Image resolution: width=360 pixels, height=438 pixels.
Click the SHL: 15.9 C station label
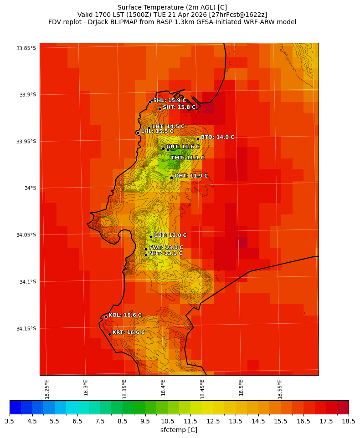[x=169, y=101]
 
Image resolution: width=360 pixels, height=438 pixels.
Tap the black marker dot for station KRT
[x=109, y=334]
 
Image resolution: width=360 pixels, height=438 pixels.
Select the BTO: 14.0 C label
[x=217, y=137]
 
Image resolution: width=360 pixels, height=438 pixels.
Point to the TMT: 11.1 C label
[x=187, y=158]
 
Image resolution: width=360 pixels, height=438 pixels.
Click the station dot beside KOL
[x=106, y=317]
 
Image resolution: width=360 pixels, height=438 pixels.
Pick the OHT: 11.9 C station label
[x=191, y=176]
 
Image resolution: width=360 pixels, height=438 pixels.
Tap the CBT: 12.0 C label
[x=170, y=235]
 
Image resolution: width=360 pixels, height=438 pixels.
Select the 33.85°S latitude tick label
[x=26, y=48]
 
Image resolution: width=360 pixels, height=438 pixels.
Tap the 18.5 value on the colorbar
[x=349, y=422]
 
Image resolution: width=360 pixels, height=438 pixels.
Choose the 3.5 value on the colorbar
[x=10, y=422]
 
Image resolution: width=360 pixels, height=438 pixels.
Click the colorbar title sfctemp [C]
[x=179, y=430]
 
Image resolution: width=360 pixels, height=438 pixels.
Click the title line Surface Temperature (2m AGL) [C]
[x=172, y=7]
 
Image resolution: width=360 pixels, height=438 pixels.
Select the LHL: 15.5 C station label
[x=157, y=131]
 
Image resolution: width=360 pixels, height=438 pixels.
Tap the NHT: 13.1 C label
[x=165, y=254]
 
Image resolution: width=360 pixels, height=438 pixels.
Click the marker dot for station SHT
[x=159, y=109]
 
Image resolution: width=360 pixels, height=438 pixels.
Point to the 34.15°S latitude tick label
[x=26, y=328]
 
